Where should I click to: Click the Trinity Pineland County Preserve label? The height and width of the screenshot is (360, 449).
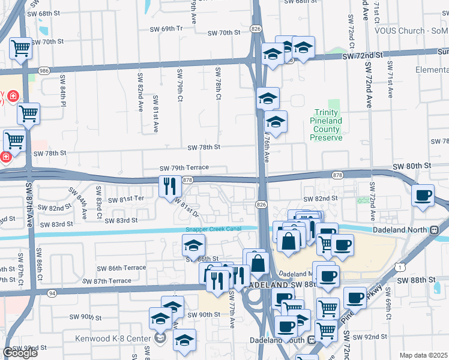[326, 125]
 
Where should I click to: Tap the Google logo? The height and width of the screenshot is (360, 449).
[20, 352]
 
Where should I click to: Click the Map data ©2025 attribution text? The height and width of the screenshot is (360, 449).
[423, 355]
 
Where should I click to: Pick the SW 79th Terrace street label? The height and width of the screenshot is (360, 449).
[184, 168]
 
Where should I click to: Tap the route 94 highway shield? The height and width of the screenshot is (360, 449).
[52, 293]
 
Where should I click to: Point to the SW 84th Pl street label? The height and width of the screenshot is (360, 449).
[62, 89]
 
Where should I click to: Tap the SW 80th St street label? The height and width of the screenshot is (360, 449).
[412, 165]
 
